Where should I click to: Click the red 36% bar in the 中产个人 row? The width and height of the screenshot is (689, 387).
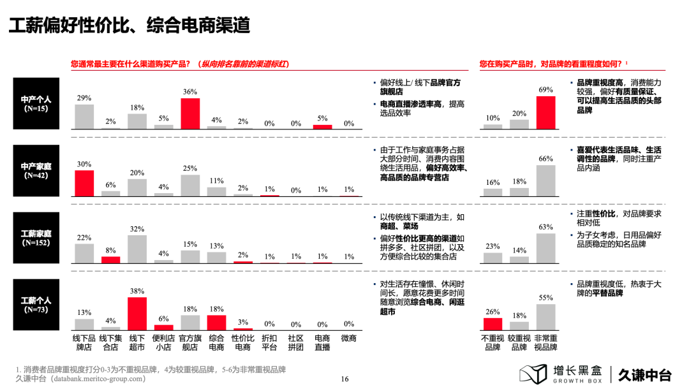point(190,113)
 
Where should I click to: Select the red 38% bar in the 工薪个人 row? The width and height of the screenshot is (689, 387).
point(137,312)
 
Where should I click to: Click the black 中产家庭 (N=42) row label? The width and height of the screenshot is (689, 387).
point(36,170)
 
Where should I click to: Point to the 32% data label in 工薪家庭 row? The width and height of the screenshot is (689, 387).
point(137,229)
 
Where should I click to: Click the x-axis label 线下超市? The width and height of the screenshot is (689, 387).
point(137,343)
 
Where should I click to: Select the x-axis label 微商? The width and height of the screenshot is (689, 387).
point(348,339)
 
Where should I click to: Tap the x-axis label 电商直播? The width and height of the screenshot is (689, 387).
point(322,343)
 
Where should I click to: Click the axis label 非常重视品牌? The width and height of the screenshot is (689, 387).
point(545,343)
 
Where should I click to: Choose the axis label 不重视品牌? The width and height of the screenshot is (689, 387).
point(493,343)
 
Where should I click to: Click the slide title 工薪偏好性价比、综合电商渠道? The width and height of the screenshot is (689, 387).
point(128,26)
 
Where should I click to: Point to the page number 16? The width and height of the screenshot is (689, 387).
point(344,379)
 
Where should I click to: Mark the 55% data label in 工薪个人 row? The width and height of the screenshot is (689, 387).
point(545,298)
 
